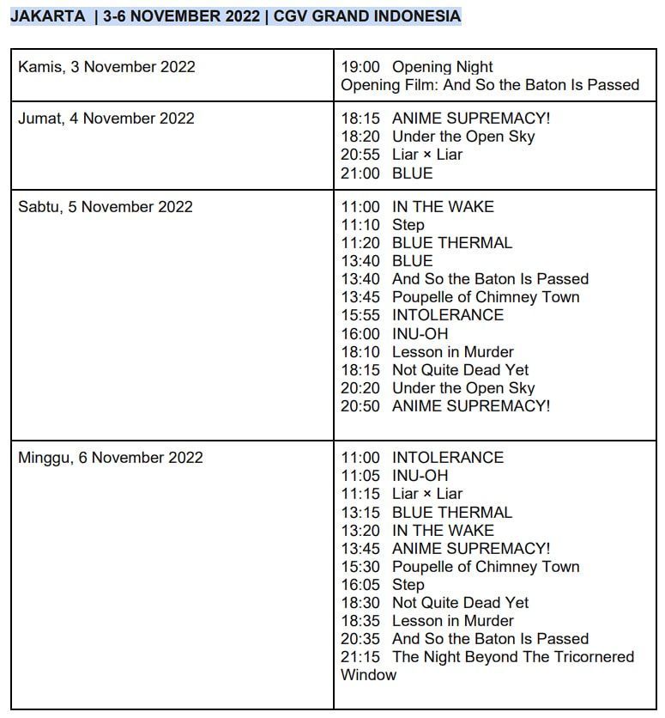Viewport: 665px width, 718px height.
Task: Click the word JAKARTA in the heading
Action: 47,16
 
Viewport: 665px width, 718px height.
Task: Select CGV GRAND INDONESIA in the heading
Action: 366,16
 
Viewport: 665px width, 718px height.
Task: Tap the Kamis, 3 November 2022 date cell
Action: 106,67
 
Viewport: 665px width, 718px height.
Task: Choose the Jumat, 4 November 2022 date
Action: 106,119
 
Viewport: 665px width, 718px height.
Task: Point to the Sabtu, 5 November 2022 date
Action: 105,207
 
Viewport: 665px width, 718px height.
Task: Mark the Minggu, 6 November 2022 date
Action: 110,458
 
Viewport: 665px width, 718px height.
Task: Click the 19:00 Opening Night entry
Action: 416,67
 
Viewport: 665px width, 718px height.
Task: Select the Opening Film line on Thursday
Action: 489,85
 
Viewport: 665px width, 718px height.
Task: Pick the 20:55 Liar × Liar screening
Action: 401,155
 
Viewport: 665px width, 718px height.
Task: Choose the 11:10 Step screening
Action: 382,225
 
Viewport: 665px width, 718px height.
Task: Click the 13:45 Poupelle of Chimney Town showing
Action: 460,297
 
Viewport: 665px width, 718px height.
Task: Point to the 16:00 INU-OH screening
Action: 394,334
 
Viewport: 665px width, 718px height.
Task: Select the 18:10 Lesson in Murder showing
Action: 426,352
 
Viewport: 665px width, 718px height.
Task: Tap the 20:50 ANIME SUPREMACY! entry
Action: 444,406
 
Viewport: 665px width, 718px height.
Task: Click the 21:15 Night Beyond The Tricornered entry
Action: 487,657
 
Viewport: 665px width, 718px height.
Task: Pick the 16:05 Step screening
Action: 382,585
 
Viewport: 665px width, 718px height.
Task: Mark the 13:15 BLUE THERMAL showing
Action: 426,513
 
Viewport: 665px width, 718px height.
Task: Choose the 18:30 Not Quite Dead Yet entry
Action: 434,603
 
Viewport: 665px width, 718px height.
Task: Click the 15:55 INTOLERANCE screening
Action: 421,315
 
